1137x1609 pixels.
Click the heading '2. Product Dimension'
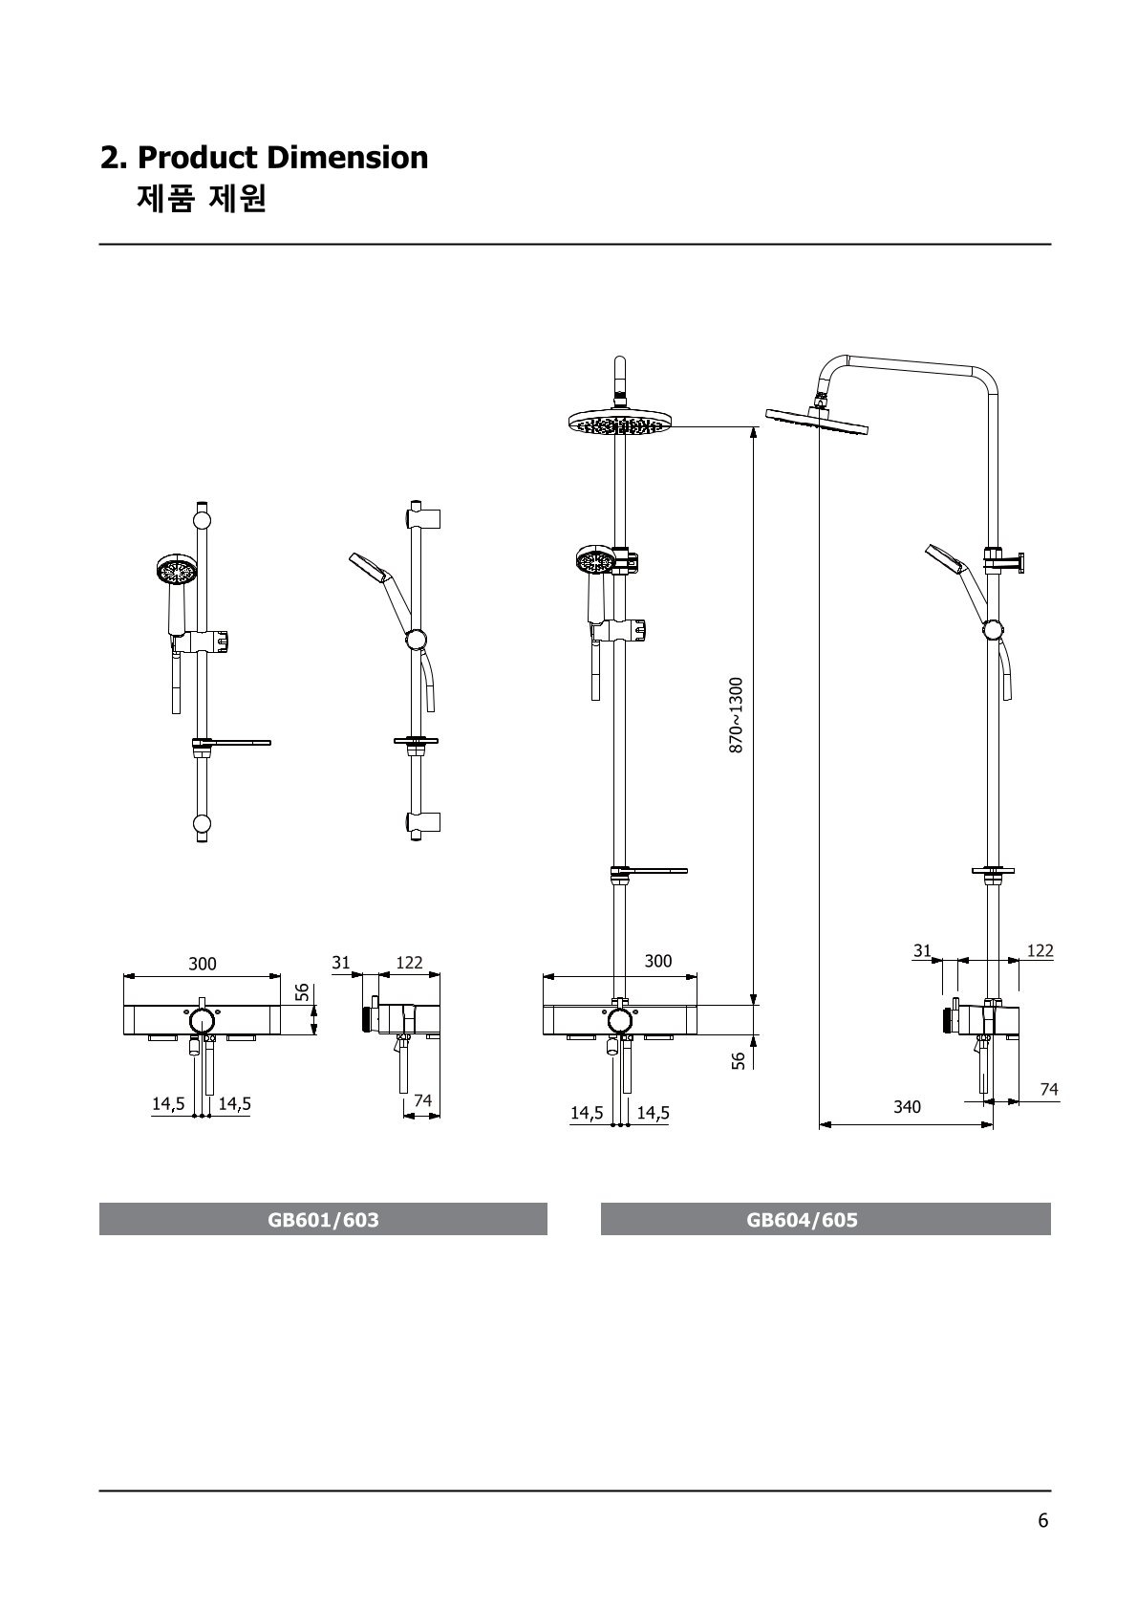click(264, 158)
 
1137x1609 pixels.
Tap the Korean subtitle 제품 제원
click(202, 199)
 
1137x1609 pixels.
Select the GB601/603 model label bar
click(323, 1220)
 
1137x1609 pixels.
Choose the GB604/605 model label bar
click(826, 1220)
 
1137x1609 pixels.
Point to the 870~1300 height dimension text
click(736, 715)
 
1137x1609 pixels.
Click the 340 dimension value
click(907, 1107)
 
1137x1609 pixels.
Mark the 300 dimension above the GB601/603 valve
click(203, 964)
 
